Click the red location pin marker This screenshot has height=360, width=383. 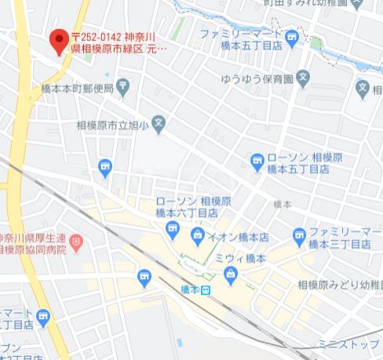click(x=58, y=40)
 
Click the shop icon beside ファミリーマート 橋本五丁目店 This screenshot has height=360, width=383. click(x=293, y=36)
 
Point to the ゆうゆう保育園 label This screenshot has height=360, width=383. click(x=256, y=79)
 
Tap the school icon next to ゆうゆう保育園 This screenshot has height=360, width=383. click(x=305, y=78)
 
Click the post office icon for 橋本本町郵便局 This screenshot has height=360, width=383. click(x=123, y=85)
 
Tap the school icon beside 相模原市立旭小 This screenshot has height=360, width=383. click(x=159, y=122)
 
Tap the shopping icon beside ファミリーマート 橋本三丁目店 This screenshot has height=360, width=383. click(x=298, y=235)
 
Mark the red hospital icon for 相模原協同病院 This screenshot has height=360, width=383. click(x=76, y=242)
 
